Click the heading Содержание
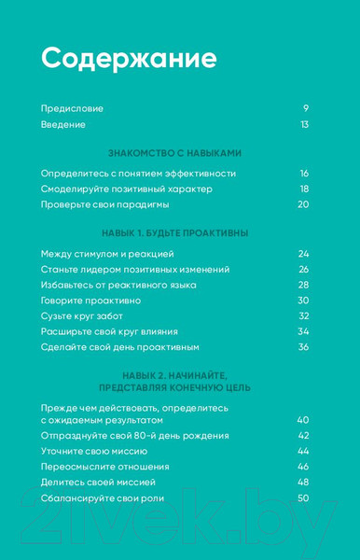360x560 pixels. click(x=129, y=59)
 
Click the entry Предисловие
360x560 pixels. click(x=72, y=108)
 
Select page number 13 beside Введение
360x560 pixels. click(x=304, y=124)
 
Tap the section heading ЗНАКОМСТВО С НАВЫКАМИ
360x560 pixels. click(x=175, y=152)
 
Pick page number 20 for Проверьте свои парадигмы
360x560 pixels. click(x=303, y=204)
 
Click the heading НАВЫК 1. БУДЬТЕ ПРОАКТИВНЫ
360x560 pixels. click(x=174, y=232)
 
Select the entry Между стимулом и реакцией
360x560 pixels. click(x=107, y=254)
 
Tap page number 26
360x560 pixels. click(x=303, y=269)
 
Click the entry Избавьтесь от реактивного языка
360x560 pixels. click(x=115, y=285)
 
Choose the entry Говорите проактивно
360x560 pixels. click(x=90, y=301)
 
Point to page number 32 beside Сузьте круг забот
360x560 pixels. click(x=303, y=315)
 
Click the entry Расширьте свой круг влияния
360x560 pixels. click(x=109, y=331)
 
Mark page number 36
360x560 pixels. click(x=303, y=347)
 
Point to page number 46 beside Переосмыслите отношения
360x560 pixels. click(x=303, y=467)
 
